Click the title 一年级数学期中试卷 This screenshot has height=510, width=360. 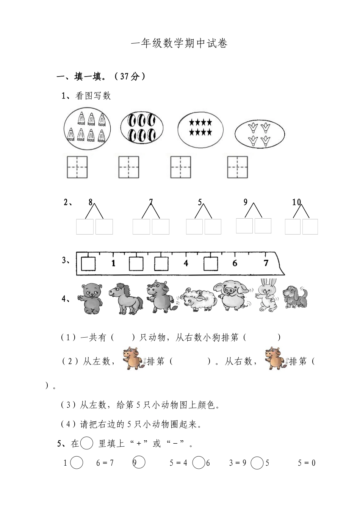click(179, 44)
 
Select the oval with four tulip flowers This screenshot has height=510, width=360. click(259, 134)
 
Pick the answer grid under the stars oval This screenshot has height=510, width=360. click(180, 167)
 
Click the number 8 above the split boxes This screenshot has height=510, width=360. click(91, 202)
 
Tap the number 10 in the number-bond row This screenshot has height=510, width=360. click(296, 202)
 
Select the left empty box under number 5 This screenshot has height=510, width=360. click(194, 227)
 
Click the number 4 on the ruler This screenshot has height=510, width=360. click(186, 263)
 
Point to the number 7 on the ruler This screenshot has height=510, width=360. click(266, 263)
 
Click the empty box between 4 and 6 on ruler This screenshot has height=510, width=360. click(211, 264)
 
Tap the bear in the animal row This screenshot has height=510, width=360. click(91, 298)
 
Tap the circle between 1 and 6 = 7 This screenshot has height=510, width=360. click(77, 463)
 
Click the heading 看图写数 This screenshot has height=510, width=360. click(93, 96)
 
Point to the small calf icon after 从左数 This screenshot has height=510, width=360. click(132, 358)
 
